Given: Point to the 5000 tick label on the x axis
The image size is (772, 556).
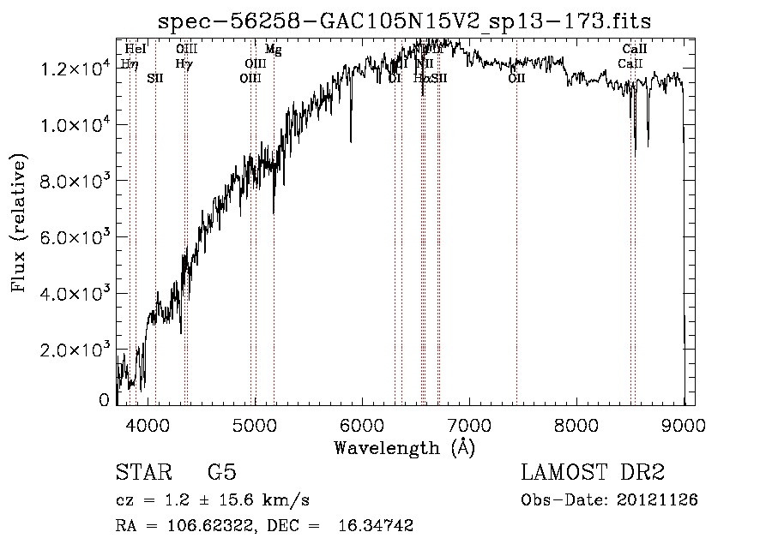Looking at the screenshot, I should click(255, 423).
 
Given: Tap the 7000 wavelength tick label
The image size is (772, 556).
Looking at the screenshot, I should click(469, 423).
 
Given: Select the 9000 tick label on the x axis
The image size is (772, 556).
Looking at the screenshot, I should click(684, 423).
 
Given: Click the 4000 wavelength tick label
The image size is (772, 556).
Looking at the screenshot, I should click(148, 423).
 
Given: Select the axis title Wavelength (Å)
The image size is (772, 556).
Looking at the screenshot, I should click(404, 447).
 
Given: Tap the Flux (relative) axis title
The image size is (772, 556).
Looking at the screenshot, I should click(19, 223).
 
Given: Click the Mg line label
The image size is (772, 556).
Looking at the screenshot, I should click(273, 51).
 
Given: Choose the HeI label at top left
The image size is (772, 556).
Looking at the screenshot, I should click(136, 50).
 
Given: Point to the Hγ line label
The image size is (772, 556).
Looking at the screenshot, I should click(184, 63).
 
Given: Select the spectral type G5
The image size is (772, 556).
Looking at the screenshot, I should click(222, 473).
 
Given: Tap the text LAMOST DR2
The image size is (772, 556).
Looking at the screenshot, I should click(593, 473).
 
